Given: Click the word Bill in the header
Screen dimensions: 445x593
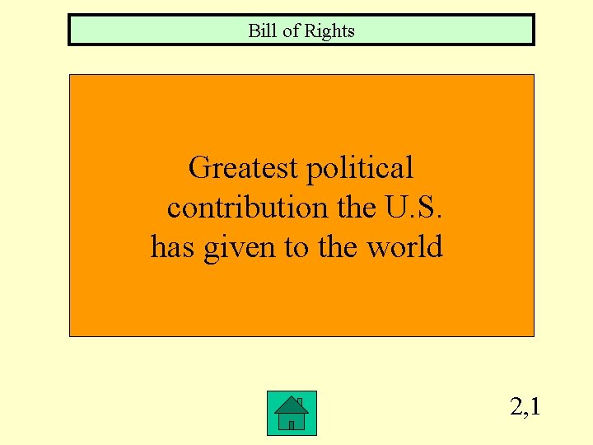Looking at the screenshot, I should (x=260, y=31).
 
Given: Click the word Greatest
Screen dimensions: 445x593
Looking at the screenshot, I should (x=243, y=169).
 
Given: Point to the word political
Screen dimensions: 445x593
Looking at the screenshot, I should (x=360, y=169).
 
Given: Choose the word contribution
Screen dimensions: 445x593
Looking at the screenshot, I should (x=248, y=208).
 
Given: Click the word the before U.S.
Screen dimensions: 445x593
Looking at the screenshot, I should (x=357, y=208).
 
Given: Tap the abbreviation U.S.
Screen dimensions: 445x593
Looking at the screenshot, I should (x=414, y=208).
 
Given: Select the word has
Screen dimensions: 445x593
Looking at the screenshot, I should (x=172, y=247).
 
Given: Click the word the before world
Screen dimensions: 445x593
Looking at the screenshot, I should (x=337, y=247).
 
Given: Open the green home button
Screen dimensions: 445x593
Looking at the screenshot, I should (x=292, y=414).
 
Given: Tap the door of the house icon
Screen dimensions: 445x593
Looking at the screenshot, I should (x=292, y=424).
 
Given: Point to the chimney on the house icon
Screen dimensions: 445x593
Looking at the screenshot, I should (x=301, y=402).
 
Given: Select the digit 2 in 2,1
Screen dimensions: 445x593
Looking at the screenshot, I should (x=516, y=406).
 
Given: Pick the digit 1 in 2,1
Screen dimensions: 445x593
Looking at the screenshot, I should (x=535, y=406).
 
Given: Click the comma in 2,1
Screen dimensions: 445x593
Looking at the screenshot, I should (x=526, y=414).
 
